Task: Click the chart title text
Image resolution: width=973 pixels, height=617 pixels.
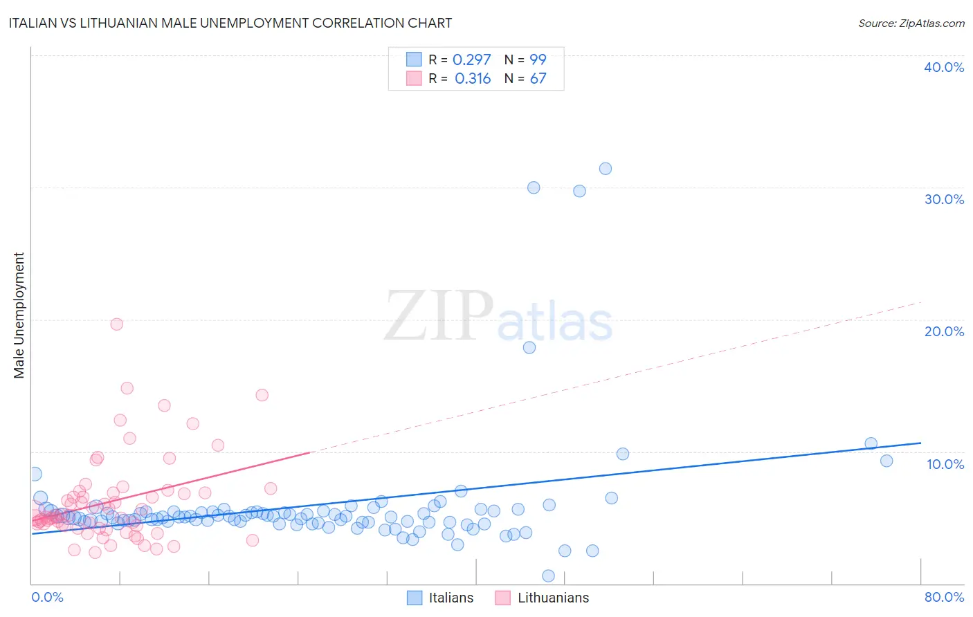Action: [230, 23]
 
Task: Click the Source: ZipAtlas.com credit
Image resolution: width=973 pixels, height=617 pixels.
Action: [911, 23]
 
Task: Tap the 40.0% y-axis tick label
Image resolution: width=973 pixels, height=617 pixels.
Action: [944, 67]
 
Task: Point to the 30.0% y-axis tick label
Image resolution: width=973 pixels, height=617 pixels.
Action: [944, 199]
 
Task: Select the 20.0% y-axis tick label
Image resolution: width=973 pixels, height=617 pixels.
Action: [944, 331]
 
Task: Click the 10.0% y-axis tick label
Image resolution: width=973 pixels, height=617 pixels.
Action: [945, 464]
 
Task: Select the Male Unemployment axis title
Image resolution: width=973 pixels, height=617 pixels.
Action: [19, 315]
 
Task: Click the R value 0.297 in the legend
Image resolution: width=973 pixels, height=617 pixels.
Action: [472, 59]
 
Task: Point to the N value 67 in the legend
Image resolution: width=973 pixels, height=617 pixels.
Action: [538, 79]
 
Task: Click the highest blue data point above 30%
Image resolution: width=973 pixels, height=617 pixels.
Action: [606, 169]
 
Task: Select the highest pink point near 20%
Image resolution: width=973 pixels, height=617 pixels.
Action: [117, 324]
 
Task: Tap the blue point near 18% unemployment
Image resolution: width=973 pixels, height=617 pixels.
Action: [529, 348]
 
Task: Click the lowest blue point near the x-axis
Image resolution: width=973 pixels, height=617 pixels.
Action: [548, 575]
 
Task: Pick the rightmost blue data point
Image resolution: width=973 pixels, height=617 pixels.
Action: [886, 461]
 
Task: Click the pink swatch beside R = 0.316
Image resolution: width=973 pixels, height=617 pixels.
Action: [414, 78]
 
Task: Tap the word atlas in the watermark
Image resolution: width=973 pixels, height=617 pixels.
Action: [555, 322]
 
